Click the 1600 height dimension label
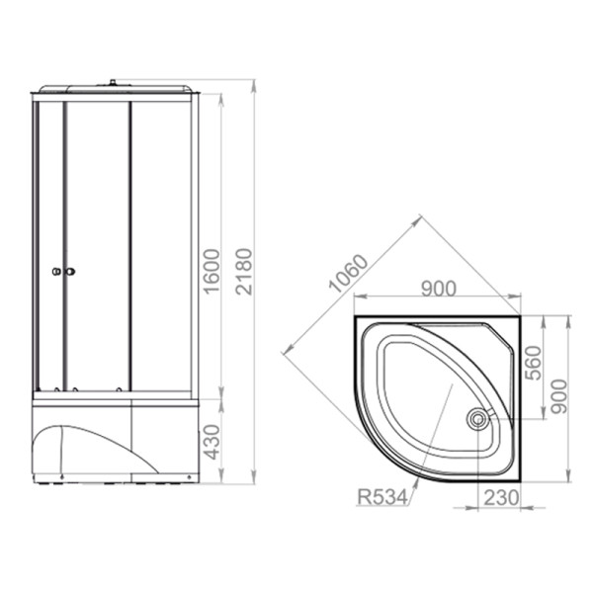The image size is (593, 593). (212, 271)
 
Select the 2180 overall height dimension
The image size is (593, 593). (243, 271)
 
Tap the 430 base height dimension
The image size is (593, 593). (212, 442)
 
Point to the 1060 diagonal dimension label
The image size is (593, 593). (348, 274)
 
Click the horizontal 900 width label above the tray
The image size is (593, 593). (439, 289)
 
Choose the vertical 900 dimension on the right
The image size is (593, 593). (558, 396)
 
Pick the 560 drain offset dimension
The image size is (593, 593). (534, 363)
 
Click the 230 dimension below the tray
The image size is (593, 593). (501, 498)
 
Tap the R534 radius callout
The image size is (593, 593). (382, 497)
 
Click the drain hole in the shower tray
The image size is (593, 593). (478, 419)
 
